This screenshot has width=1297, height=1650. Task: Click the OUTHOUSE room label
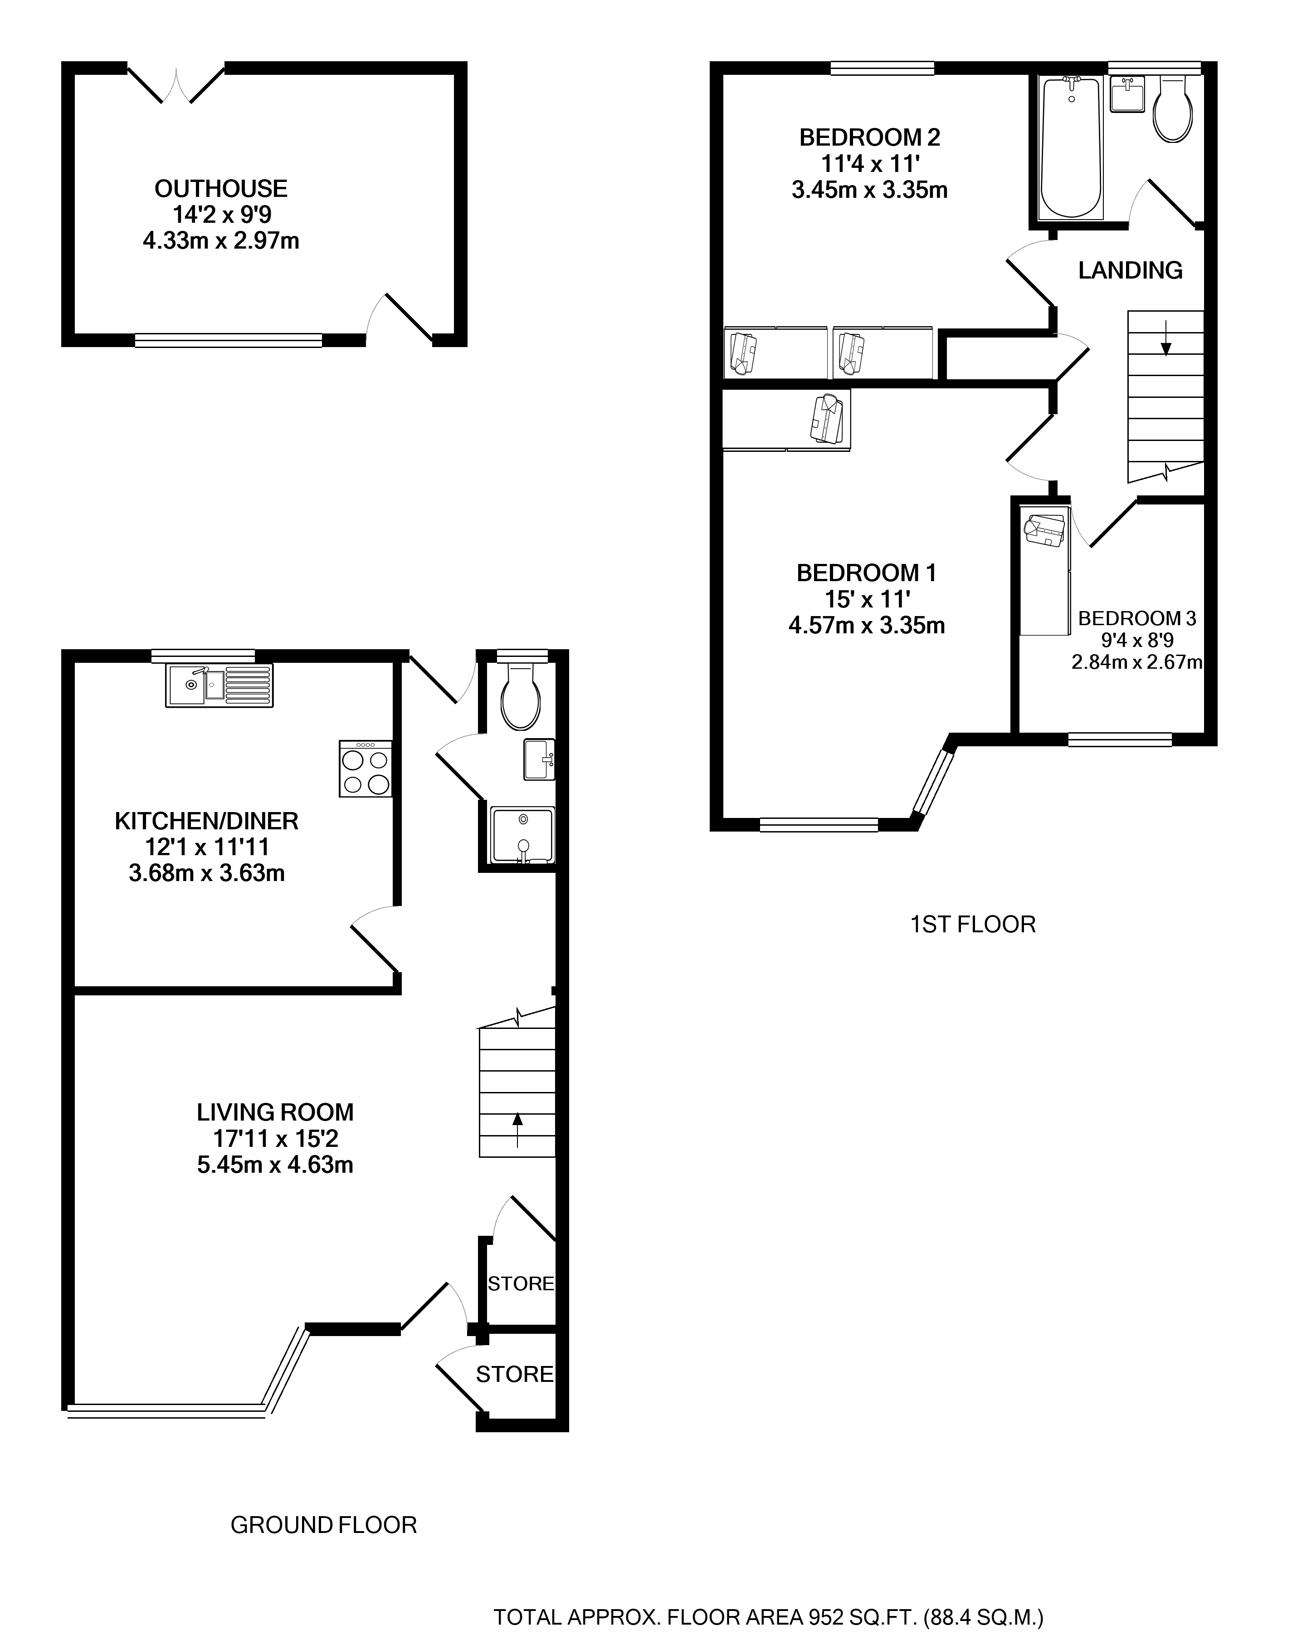(x=221, y=188)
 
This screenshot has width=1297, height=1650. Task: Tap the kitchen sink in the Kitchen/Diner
(x=219, y=686)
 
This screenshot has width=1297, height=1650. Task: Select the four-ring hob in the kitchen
(x=366, y=769)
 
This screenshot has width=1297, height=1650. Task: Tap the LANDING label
(x=1130, y=270)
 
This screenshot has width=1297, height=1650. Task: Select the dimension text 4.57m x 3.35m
(x=867, y=626)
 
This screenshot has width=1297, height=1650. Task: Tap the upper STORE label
(x=521, y=1284)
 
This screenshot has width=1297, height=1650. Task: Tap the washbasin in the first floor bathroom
(x=1127, y=94)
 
